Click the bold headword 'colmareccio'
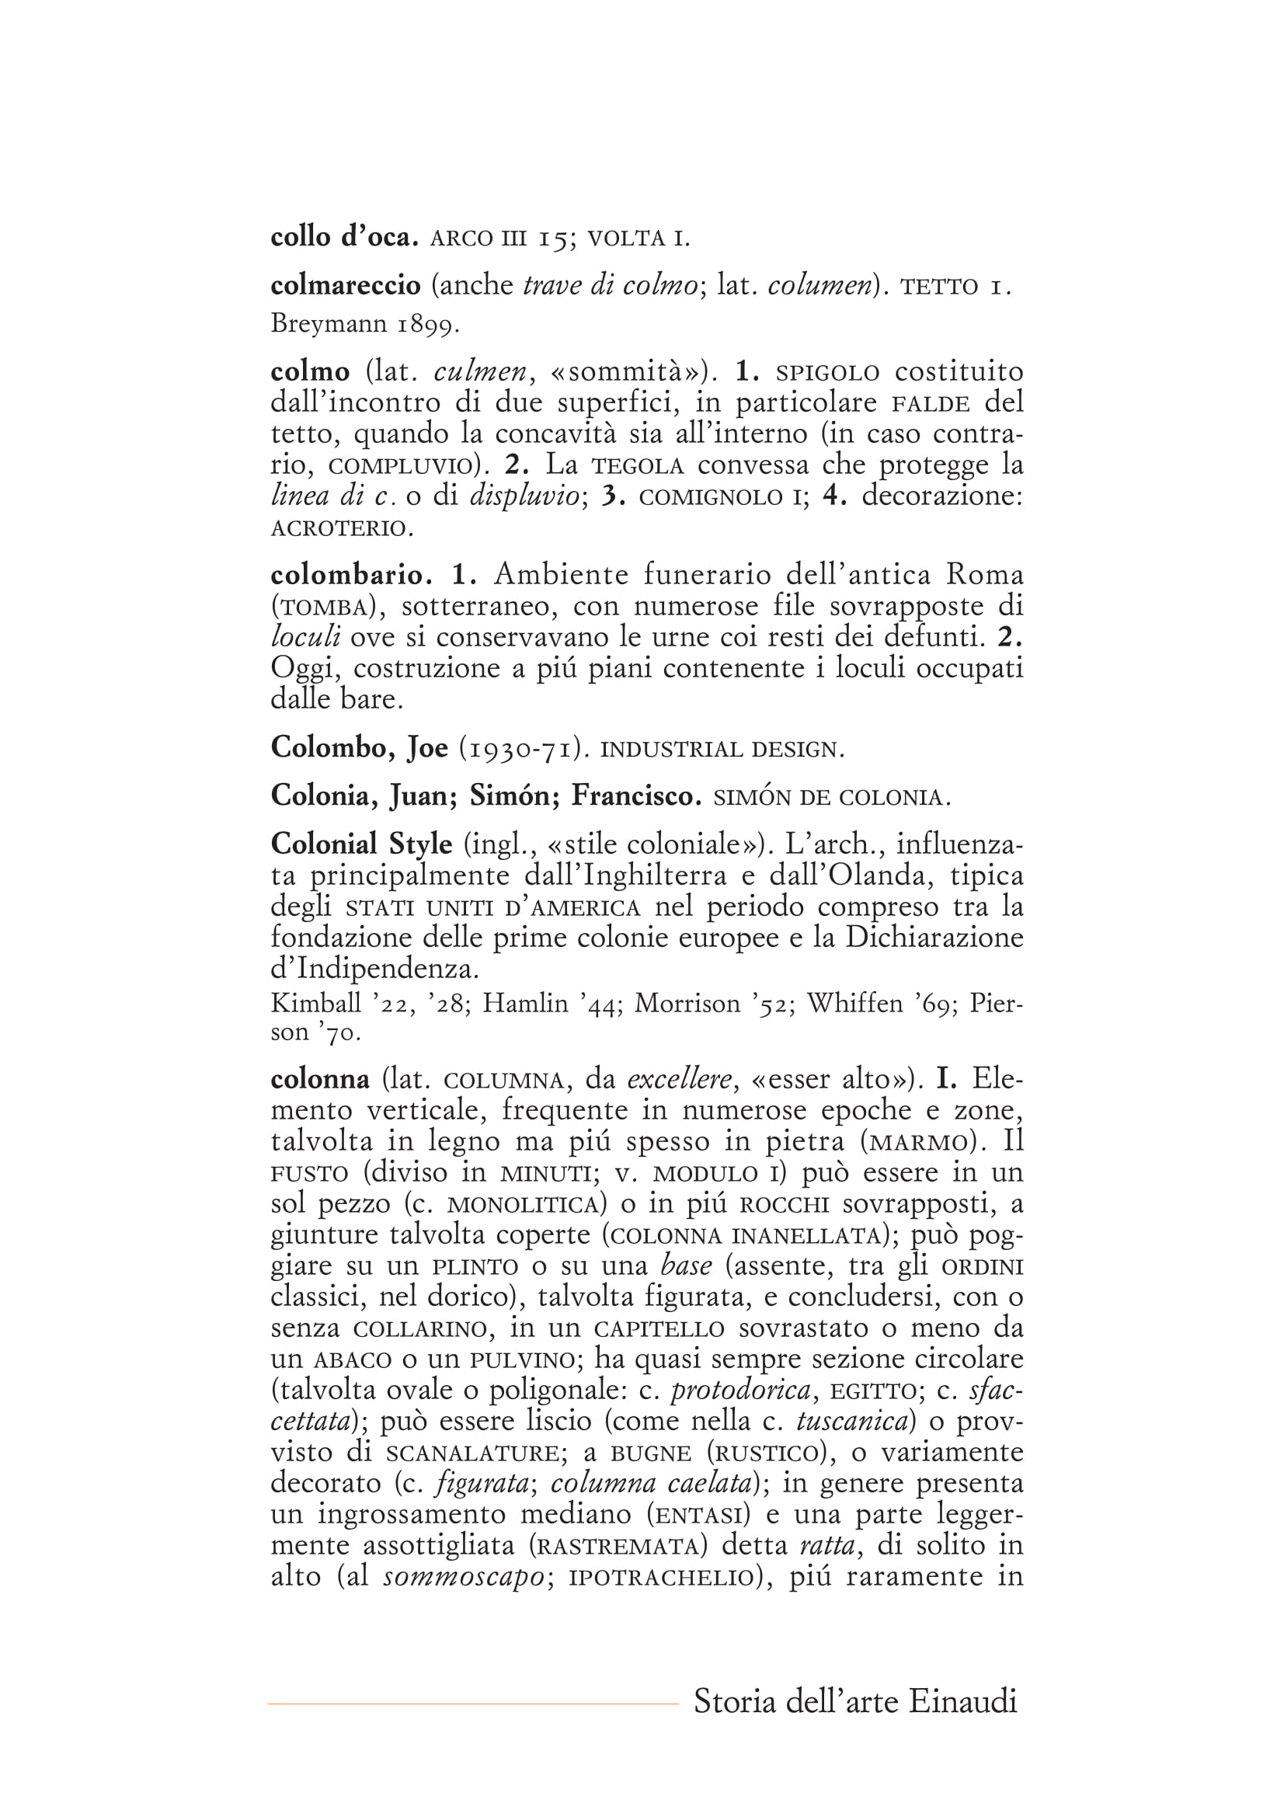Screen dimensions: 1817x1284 (345, 286)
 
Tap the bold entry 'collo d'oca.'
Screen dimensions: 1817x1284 (344, 238)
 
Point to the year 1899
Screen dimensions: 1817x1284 (427, 324)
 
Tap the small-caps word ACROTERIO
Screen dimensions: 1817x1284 (342, 527)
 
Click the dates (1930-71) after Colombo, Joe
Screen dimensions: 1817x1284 (523, 748)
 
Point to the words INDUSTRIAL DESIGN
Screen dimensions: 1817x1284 (722, 750)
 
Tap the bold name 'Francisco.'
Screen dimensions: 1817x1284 (636, 795)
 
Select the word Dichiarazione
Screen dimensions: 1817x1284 (934, 937)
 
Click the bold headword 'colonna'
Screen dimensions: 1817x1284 (319, 1079)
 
